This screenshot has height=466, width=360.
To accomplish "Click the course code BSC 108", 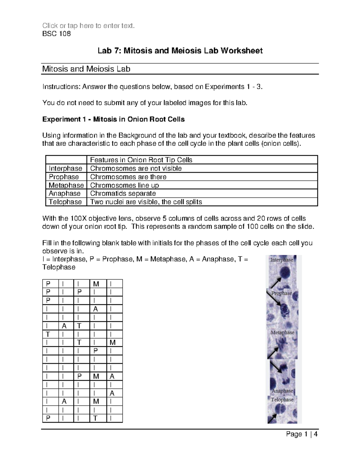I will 57,34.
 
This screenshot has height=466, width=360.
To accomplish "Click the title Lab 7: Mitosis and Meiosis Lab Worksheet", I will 180,51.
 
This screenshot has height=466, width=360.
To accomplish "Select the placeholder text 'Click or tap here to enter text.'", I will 88,26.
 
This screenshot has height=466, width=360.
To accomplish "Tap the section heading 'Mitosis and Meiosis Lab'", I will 86,69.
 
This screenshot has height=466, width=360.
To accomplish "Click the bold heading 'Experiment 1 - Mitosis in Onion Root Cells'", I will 113,119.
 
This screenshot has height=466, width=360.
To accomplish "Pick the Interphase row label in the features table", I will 65,168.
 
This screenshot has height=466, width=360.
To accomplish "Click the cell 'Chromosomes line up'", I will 124,185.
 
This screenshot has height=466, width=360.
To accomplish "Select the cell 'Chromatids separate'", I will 123,194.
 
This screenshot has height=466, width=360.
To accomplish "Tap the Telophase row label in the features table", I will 65,202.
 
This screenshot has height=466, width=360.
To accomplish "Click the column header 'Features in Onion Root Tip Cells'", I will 141,160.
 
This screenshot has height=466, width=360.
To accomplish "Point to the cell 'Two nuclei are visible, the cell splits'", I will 146,202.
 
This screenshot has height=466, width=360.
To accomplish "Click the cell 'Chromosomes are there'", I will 128,177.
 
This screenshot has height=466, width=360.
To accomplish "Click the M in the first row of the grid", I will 96,284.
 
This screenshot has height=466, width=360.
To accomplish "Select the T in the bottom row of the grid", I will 95,418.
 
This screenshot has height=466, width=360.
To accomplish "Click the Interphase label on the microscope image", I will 281,260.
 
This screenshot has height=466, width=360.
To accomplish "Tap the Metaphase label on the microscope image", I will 282,332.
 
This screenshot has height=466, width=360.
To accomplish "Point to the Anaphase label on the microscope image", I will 282,391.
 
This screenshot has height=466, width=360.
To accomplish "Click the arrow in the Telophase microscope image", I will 273,418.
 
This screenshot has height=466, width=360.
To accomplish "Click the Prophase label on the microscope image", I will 281,293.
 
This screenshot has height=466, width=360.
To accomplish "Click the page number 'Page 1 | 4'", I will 302,434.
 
